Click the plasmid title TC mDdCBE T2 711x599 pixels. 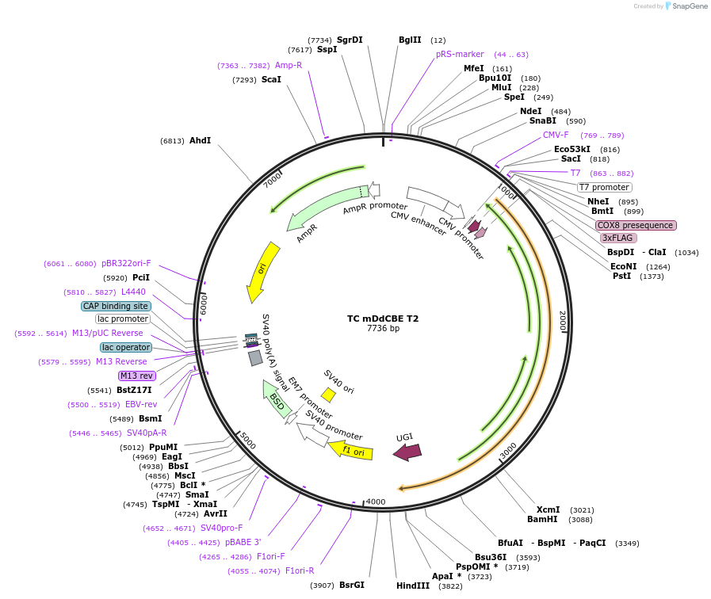(x=383, y=319)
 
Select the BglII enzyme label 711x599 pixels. (x=411, y=40)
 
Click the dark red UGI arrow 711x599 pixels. (x=407, y=452)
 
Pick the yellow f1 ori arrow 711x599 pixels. (x=351, y=450)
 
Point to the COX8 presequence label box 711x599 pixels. (x=636, y=225)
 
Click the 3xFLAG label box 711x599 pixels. (x=618, y=238)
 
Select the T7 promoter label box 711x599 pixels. (x=604, y=187)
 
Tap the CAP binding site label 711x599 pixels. (x=116, y=306)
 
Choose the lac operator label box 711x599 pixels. (x=126, y=347)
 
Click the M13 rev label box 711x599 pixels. (x=137, y=376)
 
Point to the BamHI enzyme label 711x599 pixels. (x=542, y=519)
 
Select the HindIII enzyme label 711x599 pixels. (x=413, y=586)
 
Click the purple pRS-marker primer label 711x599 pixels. (x=460, y=54)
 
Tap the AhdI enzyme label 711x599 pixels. (x=200, y=140)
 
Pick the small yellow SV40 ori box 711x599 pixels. (x=328, y=395)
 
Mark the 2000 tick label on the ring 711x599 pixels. (x=563, y=321)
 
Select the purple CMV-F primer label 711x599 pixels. (x=556, y=135)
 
